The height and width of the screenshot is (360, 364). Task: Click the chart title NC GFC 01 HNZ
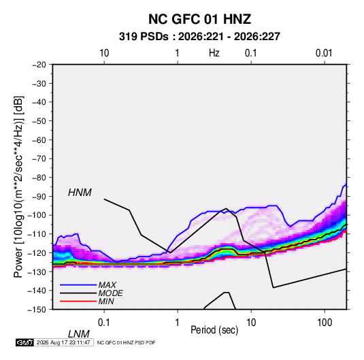(199, 19)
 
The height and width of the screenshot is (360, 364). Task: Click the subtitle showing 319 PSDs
(199, 37)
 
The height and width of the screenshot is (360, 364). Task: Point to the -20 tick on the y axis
(39, 65)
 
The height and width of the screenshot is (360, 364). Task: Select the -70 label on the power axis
(39, 159)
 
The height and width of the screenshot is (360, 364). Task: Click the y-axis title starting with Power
(18, 187)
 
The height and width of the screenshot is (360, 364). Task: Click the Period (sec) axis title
(214, 330)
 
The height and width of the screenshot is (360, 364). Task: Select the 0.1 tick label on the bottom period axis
(103, 323)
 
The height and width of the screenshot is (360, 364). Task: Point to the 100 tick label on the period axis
(325, 323)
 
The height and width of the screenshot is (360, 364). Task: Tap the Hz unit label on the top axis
(214, 53)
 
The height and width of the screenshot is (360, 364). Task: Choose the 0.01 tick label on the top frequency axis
(324, 53)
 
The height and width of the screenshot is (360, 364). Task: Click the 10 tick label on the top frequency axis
(104, 53)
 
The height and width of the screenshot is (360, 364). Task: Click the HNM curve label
(80, 193)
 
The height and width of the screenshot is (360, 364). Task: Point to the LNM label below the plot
(79, 334)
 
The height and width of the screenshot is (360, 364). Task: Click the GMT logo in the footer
(25, 342)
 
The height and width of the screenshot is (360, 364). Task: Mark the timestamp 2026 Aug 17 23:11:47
(63, 342)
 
